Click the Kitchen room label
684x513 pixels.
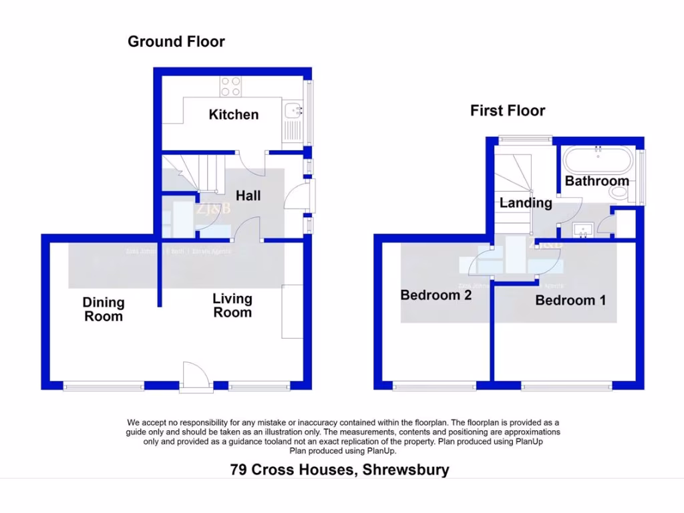(x=233, y=115)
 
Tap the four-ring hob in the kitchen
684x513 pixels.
(x=230, y=86)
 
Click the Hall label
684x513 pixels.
(x=248, y=196)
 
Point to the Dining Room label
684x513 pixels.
(x=104, y=310)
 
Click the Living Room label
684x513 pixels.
(x=232, y=305)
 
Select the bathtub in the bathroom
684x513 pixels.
(x=597, y=160)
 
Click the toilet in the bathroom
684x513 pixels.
(x=619, y=193)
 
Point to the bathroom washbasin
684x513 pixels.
(x=584, y=230)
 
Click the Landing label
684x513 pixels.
(x=526, y=203)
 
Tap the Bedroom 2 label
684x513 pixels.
(x=436, y=295)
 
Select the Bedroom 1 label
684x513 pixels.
(x=570, y=301)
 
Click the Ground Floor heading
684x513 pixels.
(x=176, y=41)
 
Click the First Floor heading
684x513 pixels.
(x=508, y=111)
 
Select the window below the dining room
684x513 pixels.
(x=104, y=385)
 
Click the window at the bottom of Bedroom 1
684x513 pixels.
(x=566, y=385)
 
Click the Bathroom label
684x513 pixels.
(x=596, y=181)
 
